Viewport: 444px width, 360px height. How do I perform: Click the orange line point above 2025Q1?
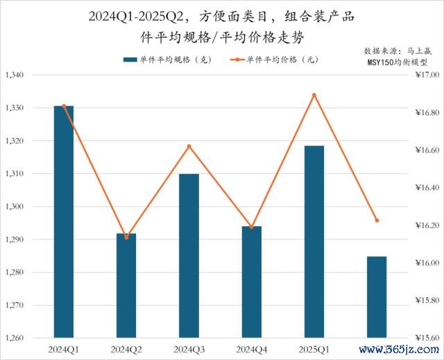(314, 95)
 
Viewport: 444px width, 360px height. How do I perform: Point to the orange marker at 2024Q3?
(189, 146)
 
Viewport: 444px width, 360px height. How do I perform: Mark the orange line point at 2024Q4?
(250, 228)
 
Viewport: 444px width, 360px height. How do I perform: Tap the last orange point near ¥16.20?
(377, 221)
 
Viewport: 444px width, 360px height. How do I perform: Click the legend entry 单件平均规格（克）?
(170, 60)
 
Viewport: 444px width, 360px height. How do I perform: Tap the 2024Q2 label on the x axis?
(126, 349)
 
